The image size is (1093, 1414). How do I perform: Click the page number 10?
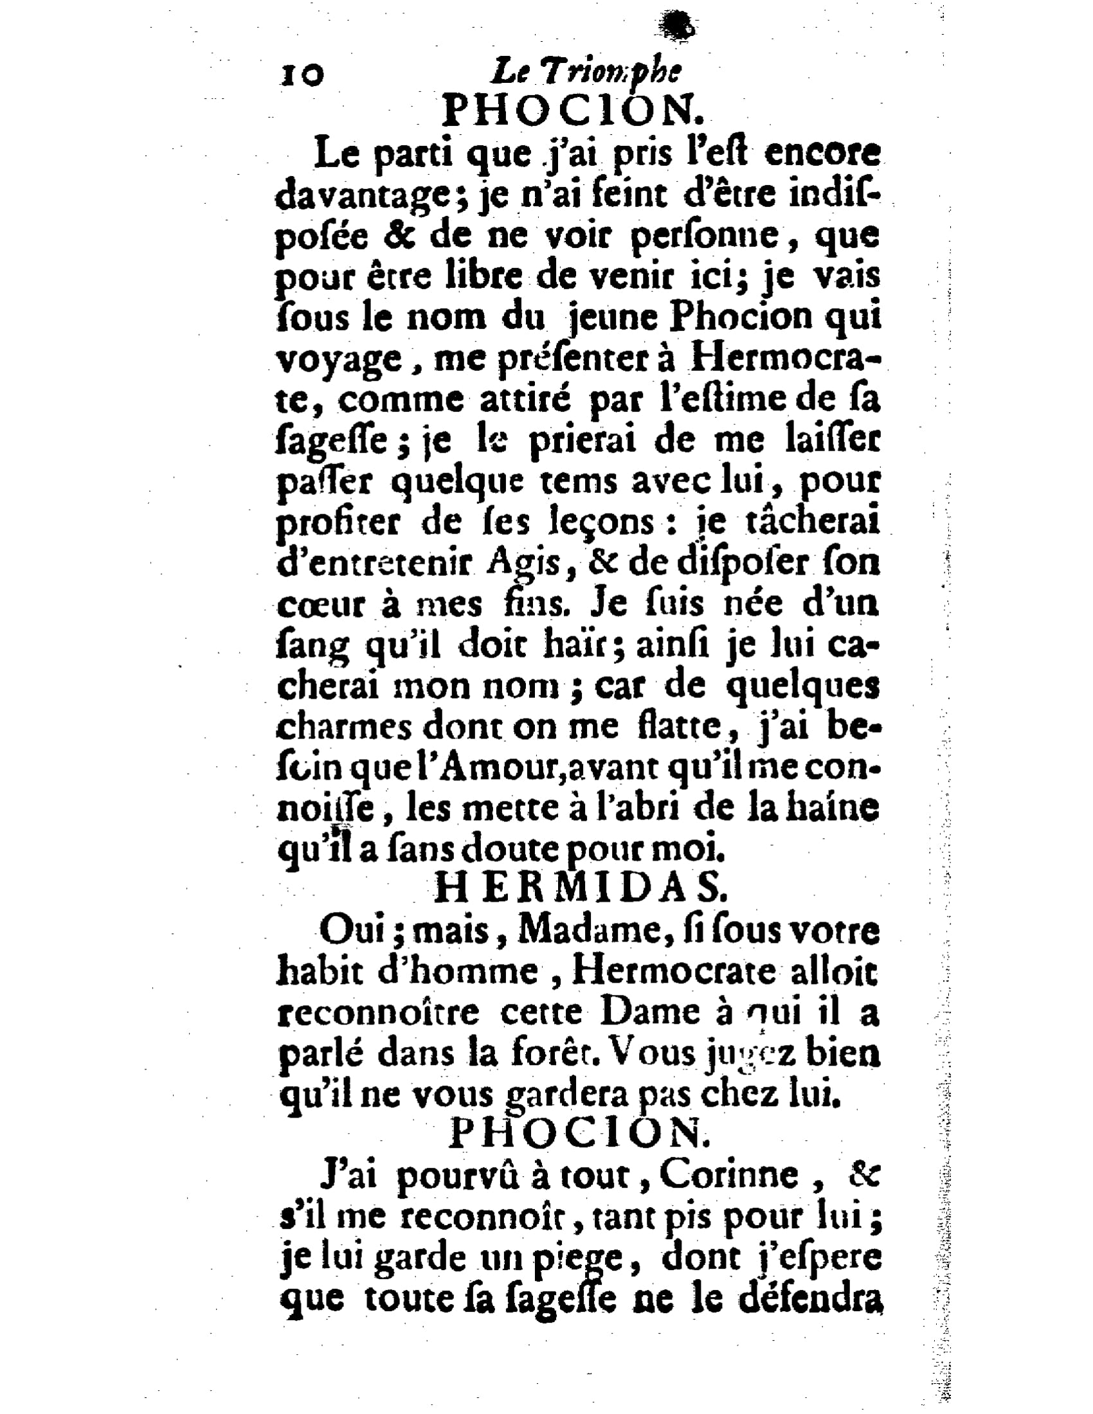pyautogui.click(x=301, y=75)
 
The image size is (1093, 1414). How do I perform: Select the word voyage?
pyautogui.click(x=340, y=361)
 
